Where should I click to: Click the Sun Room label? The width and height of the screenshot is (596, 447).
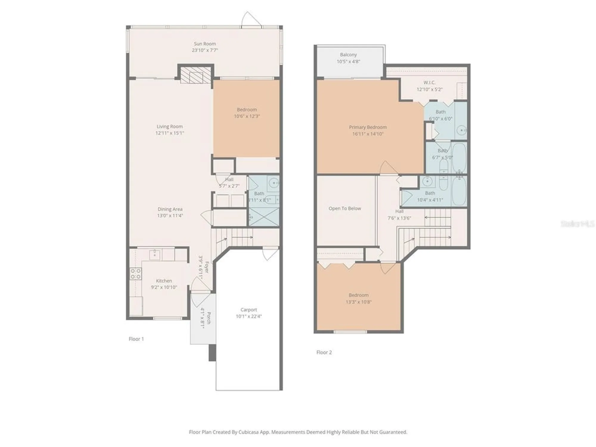(205, 44)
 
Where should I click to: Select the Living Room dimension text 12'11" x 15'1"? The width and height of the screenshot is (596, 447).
(170, 133)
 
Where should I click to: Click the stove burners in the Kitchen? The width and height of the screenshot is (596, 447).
(136, 274)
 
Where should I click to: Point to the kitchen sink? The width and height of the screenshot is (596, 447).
(155, 254)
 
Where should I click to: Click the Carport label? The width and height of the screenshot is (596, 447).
(249, 310)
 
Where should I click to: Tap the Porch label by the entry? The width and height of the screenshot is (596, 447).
(209, 318)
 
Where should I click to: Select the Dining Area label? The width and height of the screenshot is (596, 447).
(170, 209)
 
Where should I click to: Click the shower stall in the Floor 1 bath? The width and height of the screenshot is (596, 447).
(264, 217)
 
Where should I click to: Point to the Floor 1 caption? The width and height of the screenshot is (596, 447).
(136, 339)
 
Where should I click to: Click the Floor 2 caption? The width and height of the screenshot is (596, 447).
(324, 352)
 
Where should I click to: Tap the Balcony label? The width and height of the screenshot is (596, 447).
(348, 55)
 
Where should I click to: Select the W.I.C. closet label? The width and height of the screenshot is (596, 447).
(429, 83)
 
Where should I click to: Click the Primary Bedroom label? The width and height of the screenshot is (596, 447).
(368, 127)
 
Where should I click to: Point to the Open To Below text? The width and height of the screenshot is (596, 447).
(345, 209)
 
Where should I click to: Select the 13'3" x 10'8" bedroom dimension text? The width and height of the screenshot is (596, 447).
(358, 302)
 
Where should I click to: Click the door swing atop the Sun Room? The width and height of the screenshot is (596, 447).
(251, 20)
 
